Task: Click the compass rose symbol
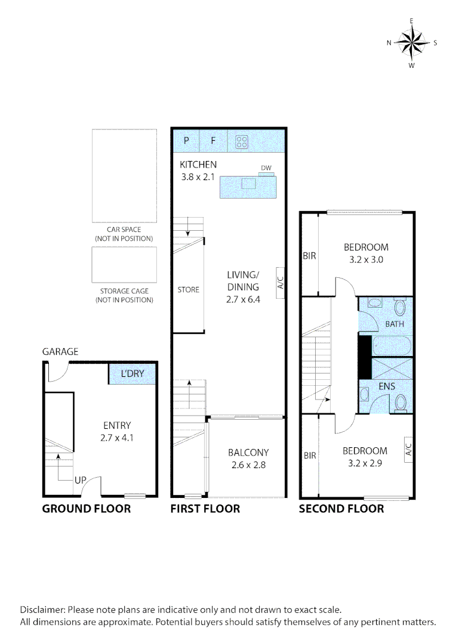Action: tap(412, 42)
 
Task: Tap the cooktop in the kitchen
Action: tap(242, 141)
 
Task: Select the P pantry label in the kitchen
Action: tap(186, 141)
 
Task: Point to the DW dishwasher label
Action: tap(266, 168)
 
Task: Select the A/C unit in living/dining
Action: tap(281, 281)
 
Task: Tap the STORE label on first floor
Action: tap(188, 290)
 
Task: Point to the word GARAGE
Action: tap(60, 352)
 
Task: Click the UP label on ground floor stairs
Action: tap(81, 479)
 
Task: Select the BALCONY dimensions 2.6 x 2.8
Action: tap(247, 465)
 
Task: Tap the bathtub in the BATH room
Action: tap(392, 345)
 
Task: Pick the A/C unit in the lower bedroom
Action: tap(409, 448)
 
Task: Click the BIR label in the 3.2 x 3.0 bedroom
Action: tap(309, 256)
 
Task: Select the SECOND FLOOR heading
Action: tap(341, 509)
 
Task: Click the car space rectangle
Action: tap(124, 176)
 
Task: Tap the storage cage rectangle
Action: tap(124, 265)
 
